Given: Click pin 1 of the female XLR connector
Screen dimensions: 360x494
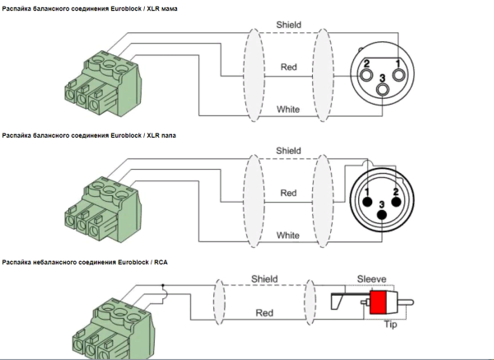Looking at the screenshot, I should (398, 72).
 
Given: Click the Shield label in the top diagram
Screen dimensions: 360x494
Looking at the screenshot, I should (288, 26).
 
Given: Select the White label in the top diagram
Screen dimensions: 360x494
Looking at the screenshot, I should (288, 109).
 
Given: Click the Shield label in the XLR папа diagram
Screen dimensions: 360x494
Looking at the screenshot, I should (288, 151).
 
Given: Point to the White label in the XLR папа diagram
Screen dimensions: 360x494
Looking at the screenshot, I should (288, 235).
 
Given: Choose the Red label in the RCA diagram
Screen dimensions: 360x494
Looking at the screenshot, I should (265, 314).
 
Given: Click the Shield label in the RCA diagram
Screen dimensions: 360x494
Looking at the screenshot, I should (265, 278).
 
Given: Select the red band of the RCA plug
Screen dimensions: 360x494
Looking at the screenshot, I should (380, 302).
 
